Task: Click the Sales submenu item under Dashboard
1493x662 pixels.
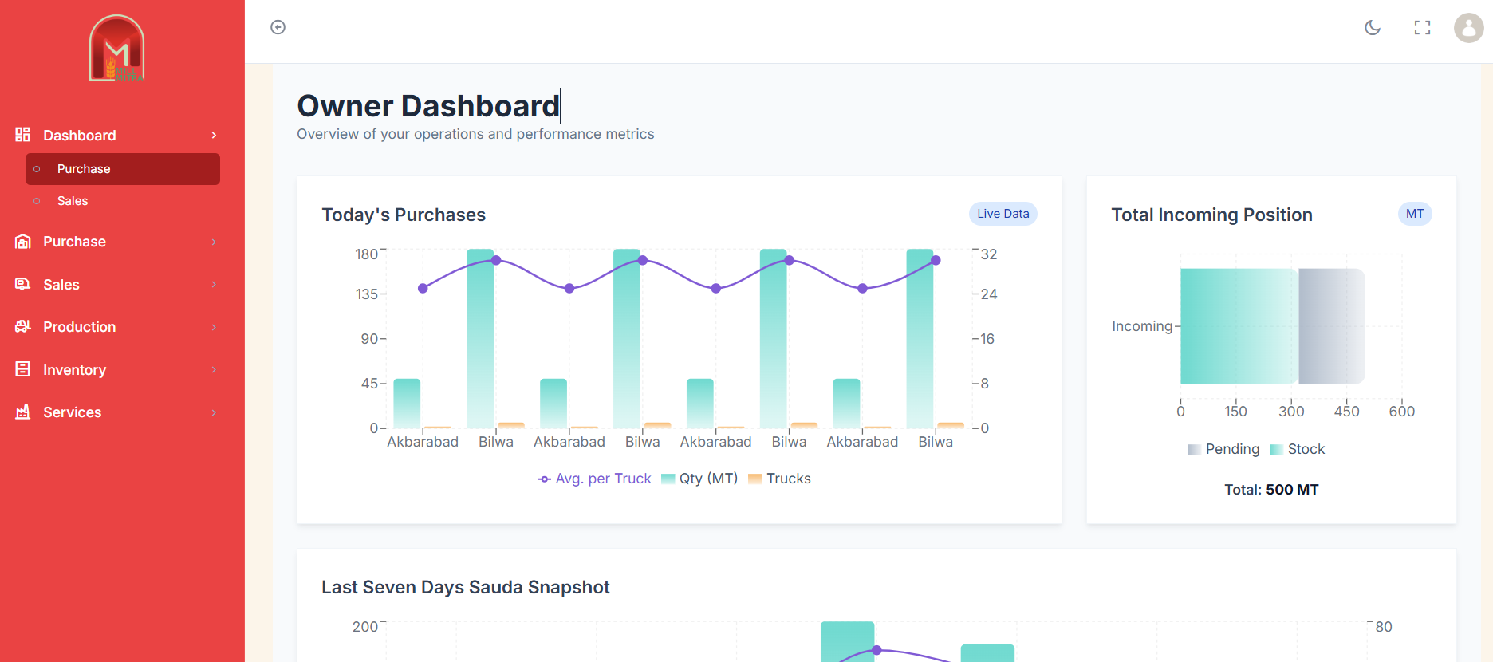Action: point(73,201)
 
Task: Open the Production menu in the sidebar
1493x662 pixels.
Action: point(79,327)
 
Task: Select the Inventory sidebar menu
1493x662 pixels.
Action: point(74,370)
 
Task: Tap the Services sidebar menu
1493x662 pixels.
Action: point(72,412)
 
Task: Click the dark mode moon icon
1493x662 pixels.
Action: point(1373,28)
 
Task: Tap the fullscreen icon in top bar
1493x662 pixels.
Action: point(1422,28)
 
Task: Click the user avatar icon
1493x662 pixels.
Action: point(1468,28)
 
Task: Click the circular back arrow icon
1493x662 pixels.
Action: point(278,28)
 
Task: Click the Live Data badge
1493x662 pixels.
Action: point(1003,214)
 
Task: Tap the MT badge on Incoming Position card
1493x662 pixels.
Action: point(1415,214)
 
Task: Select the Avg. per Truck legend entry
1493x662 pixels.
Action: point(595,479)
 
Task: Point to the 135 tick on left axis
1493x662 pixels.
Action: point(367,294)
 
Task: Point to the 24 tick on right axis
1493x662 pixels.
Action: point(989,294)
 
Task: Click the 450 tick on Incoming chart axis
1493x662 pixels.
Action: point(1346,412)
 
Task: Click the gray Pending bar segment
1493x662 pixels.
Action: point(1331,326)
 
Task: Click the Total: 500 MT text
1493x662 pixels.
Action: point(1271,490)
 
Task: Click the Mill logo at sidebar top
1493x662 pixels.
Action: point(117,49)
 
